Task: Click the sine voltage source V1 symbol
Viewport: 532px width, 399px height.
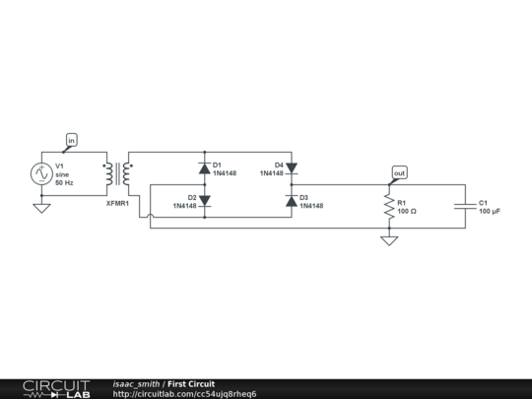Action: [42, 173]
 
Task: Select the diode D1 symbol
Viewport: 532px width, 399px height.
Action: [204, 167]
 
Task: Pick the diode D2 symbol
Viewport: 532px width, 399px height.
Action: [204, 200]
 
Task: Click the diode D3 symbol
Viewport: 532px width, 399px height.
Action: [291, 200]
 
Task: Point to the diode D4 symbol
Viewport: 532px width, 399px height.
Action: [291, 167]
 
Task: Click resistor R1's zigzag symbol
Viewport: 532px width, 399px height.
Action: [389, 206]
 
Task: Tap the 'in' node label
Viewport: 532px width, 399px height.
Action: [71, 141]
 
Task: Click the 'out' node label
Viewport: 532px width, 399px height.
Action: [399, 173]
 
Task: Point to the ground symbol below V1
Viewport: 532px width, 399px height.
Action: [42, 208]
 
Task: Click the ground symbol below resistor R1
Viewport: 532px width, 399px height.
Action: [389, 239]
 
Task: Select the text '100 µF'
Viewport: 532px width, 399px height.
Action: [490, 212]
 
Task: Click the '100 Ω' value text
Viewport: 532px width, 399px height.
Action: [407, 212]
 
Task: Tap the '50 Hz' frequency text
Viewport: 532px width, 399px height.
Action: [64, 183]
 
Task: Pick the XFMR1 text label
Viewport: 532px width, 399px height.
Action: [117, 201]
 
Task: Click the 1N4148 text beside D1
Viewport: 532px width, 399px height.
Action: [225, 173]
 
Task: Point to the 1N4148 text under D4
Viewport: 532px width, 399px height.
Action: [272, 173]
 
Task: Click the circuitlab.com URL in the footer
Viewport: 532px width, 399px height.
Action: [185, 394]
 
